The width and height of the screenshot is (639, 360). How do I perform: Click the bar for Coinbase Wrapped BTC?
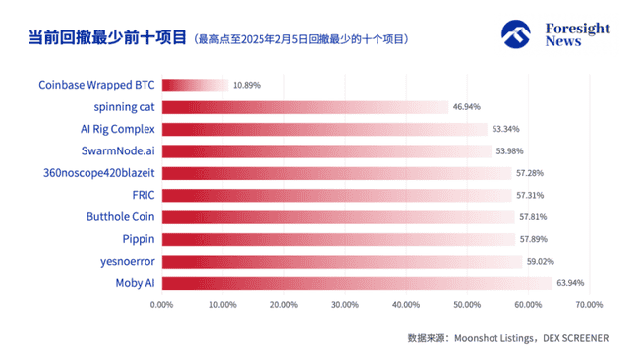coord(195,86)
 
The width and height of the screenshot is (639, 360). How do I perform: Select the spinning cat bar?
coord(305,107)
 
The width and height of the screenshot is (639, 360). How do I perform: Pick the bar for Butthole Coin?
coord(338,217)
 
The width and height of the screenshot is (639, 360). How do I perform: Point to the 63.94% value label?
coord(571,283)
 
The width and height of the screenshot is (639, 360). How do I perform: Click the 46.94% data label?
coord(467,107)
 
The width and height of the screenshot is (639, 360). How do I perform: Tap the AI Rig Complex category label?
coord(118,129)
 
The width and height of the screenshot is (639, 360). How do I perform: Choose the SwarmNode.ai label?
coord(119,151)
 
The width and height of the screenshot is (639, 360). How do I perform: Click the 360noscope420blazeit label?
coord(101,173)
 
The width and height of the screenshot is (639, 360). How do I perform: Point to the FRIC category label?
coord(144,195)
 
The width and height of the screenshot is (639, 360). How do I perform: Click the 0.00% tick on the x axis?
coord(162,305)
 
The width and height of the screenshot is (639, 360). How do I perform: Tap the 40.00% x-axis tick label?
coord(405,305)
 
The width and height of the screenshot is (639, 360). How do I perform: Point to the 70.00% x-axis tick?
coord(588,305)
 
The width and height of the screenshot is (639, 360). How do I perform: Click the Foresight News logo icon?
coord(520,34)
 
